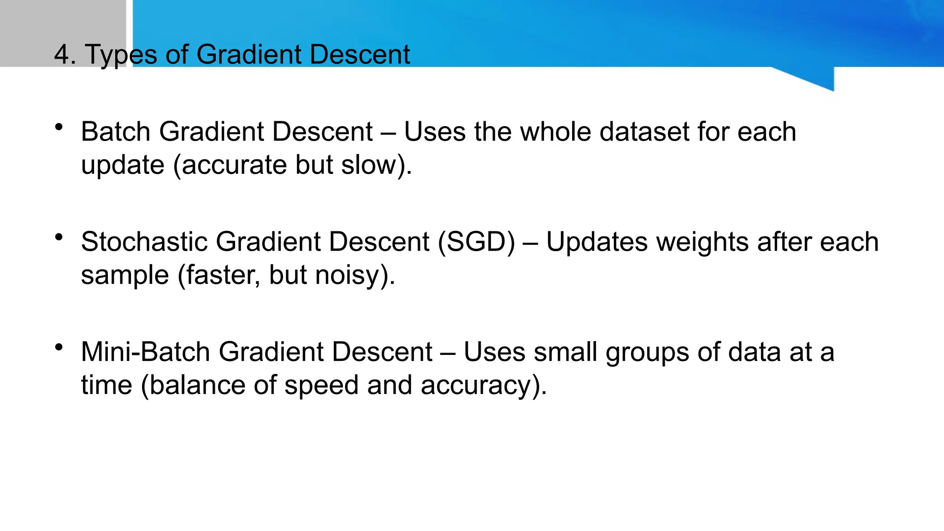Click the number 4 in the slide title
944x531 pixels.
point(62,54)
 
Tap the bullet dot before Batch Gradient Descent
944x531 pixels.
point(59,127)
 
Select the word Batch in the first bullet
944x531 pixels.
point(116,132)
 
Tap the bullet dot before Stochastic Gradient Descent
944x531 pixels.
point(59,237)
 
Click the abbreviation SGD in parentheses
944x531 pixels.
point(476,242)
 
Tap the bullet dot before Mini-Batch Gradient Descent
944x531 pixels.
point(59,347)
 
